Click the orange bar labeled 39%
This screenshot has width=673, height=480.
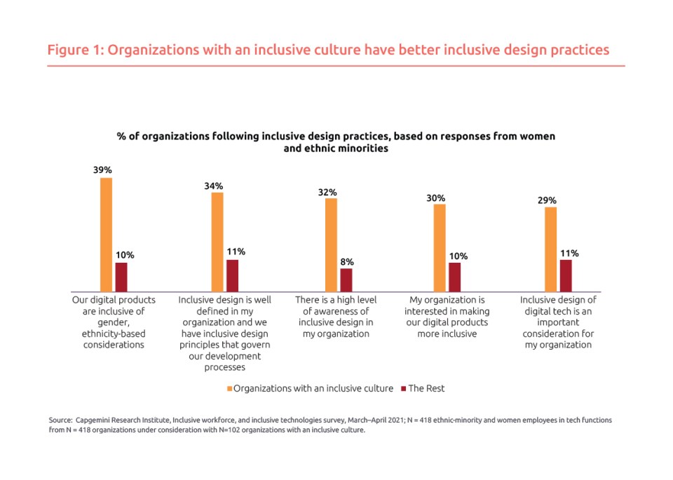tap(106, 235)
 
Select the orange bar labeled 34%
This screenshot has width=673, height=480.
tap(217, 242)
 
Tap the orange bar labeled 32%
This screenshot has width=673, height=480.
tap(330, 245)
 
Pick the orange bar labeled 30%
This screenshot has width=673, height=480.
tap(440, 247)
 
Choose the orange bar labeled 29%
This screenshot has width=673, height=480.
tap(550, 249)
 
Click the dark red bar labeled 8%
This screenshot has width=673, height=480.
tap(346, 280)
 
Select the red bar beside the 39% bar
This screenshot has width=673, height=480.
tap(121, 277)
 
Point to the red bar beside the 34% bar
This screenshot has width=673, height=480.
tap(232, 275)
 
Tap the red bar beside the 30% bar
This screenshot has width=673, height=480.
tap(454, 277)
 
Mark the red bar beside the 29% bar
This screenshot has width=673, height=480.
tap(566, 275)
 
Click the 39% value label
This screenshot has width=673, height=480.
tap(102, 170)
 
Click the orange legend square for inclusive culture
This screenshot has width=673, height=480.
tap(229, 388)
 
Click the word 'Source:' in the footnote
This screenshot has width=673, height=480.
tap(60, 420)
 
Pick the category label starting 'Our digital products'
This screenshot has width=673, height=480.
tap(114, 322)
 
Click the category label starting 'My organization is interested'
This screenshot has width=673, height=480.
tap(446, 316)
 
